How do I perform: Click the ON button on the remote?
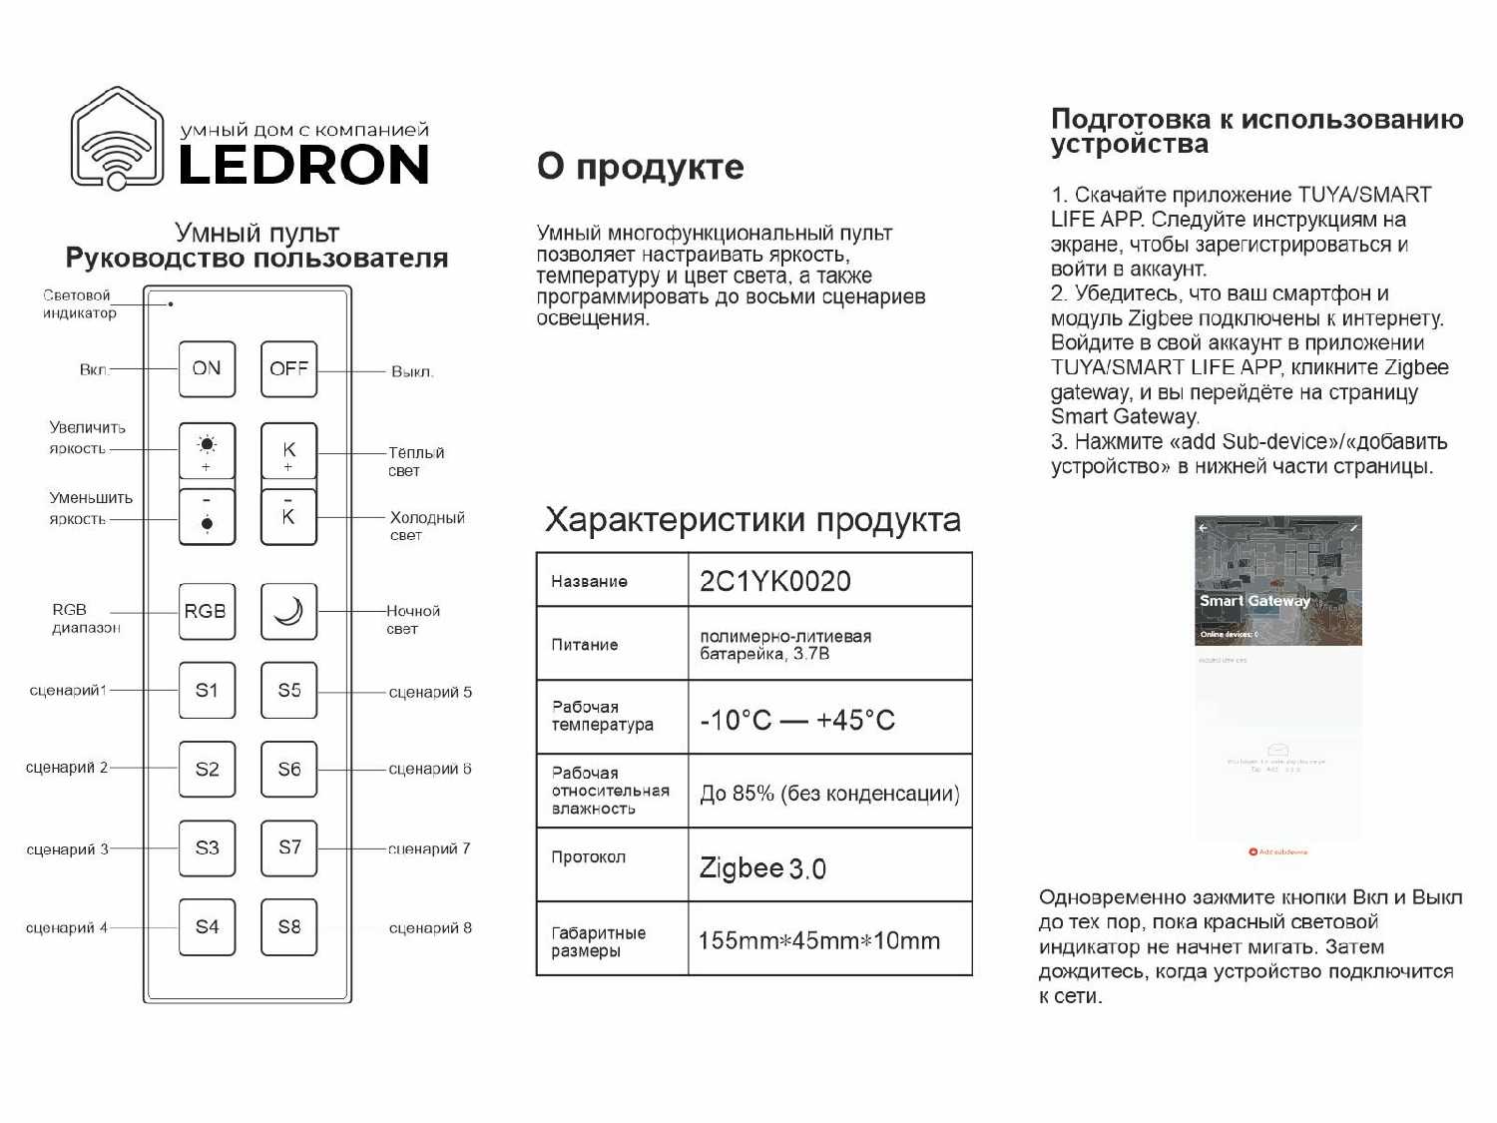coord(207,369)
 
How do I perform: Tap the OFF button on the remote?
coord(288,369)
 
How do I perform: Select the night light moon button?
coord(288,611)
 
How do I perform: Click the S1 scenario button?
coord(207,690)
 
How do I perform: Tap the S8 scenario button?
coord(288,927)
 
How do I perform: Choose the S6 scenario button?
coord(288,769)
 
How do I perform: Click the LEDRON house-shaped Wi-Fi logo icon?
coord(118,139)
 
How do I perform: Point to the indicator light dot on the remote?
coord(171,303)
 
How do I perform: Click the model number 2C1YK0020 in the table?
coord(775,581)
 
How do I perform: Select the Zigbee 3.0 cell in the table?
coord(762,867)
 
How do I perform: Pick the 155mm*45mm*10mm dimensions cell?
coord(818,940)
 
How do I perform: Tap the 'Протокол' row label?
coord(588,857)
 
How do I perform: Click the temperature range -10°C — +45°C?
coord(797,720)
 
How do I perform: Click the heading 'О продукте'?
coord(640,167)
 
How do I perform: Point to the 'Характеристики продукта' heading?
coord(752,520)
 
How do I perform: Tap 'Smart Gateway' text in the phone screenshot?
coord(1254,601)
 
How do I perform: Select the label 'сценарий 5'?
coord(430,692)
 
